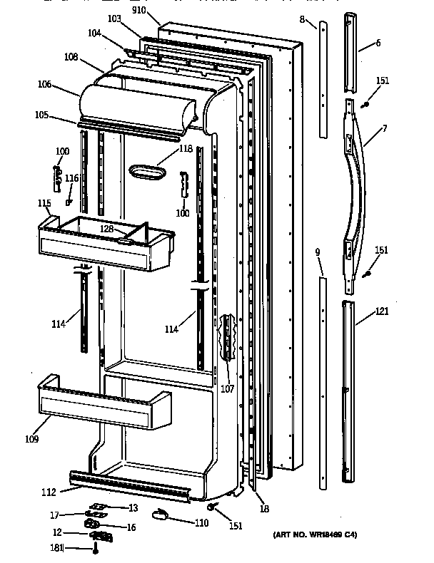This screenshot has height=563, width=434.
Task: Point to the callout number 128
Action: coord(106,229)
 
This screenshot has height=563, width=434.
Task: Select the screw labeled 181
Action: coord(95,549)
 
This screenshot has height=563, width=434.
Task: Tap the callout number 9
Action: coord(318,252)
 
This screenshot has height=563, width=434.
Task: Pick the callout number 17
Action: coord(54,515)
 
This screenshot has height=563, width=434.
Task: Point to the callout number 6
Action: coord(378,43)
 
